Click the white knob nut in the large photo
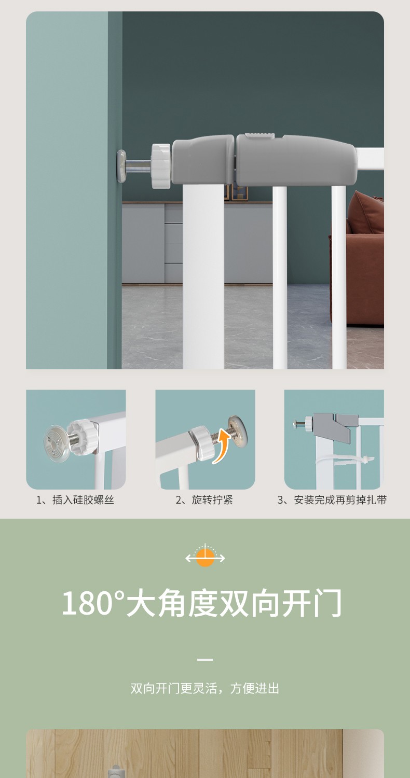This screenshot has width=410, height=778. tap(160, 166)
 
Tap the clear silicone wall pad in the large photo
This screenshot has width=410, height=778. tap(121, 166)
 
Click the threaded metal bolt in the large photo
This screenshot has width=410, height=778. tap(139, 166)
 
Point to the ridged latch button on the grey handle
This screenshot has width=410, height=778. tap(260, 135)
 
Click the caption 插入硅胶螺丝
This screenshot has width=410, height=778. tap(84, 500)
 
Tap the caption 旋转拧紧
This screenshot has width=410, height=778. tap(212, 500)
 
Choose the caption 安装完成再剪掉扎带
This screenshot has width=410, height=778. tap(340, 500)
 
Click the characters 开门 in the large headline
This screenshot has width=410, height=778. tap(312, 603)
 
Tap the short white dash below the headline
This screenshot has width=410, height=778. tap(205, 659)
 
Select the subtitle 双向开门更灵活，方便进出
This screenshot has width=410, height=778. tap(205, 688)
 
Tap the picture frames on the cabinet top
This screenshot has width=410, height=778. tap(236, 192)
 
